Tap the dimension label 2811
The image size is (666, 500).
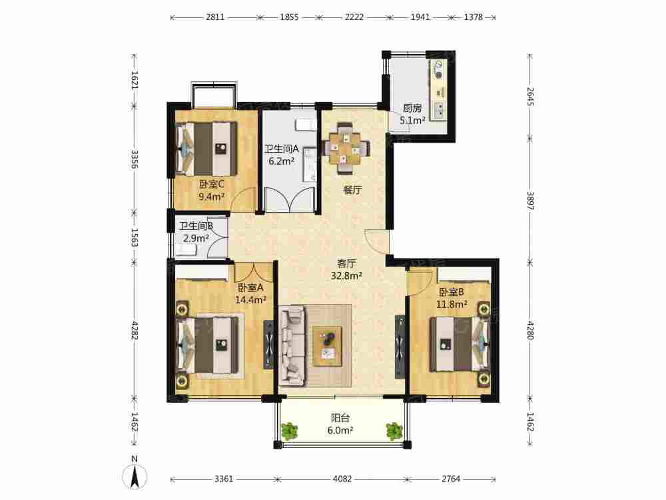point(215,17)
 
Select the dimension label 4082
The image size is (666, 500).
point(342,479)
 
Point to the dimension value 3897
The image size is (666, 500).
point(530,201)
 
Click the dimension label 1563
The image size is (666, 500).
point(135,238)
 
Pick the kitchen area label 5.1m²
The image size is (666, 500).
point(412,121)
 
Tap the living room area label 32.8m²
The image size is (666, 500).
point(346,276)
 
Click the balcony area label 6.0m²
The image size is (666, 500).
point(340,431)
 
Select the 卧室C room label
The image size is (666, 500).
point(211,185)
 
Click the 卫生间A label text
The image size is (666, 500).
point(282,149)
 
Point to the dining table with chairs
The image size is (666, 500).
point(346,149)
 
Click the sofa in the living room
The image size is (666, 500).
point(293,346)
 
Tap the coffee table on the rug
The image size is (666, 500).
point(327,346)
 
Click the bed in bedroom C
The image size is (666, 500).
point(206,149)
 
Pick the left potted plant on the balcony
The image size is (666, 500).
point(289,431)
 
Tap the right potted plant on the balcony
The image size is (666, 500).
point(394,431)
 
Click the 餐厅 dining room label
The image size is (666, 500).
point(352,190)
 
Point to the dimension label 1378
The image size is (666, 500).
point(473,17)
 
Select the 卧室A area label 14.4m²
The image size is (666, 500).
point(250,300)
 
